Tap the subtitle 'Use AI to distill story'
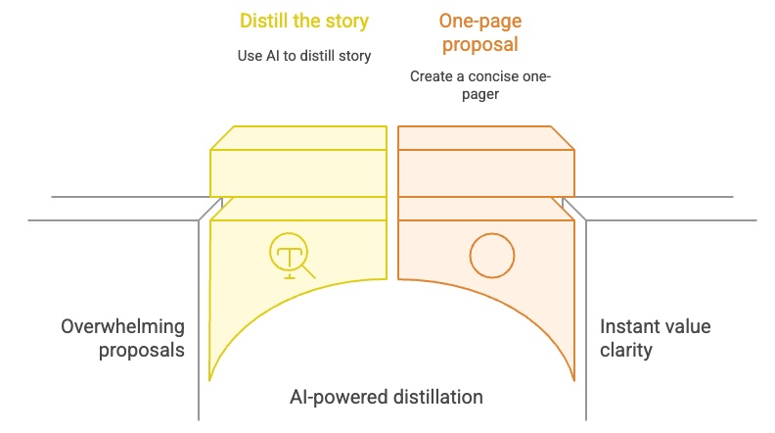(303, 56)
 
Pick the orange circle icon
(491, 257)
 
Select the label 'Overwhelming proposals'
(121, 338)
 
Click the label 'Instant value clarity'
(641, 338)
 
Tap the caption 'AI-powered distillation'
(387, 397)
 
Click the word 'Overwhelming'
(121, 326)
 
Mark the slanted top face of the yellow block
(299, 137)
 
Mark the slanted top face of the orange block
(485, 137)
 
